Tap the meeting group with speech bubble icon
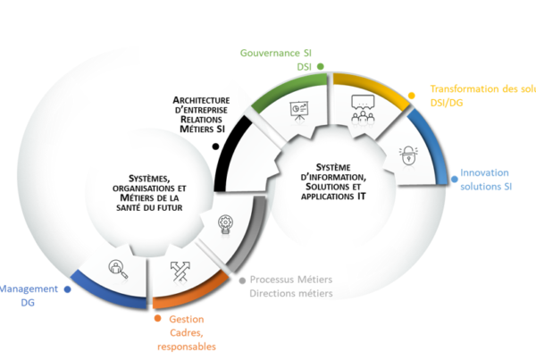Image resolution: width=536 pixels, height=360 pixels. click(364, 108)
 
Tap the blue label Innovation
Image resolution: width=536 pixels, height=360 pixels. click(484, 172)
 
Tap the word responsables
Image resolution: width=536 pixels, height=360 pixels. click(187, 346)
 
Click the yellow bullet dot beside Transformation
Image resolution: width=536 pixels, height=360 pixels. click(411, 93)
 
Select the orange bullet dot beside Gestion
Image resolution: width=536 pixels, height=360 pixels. click(157, 317)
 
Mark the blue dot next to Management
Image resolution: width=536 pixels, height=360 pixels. click(66, 289)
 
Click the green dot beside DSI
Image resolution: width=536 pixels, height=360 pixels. click(319, 66)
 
